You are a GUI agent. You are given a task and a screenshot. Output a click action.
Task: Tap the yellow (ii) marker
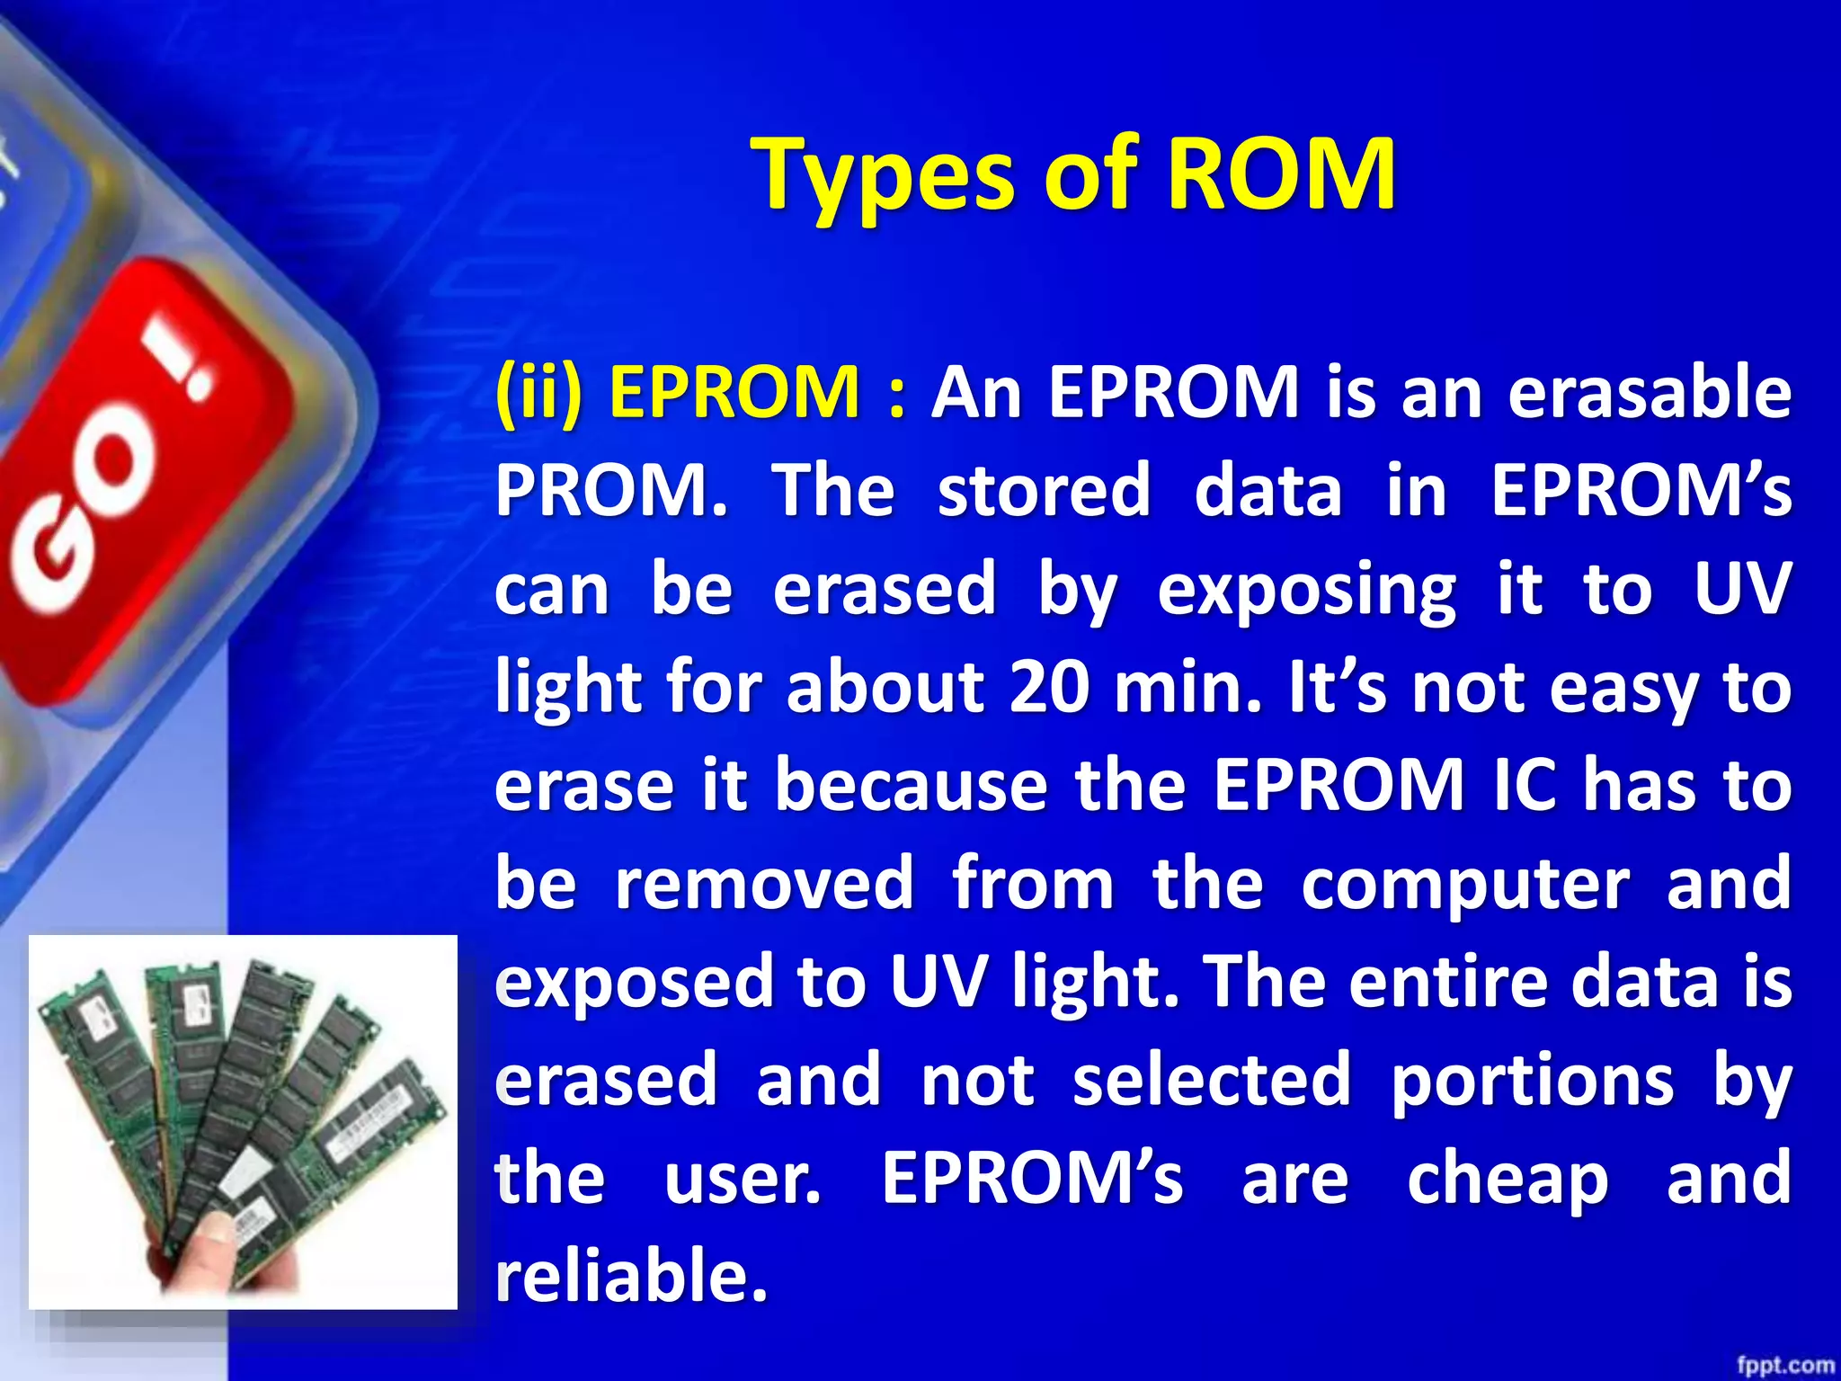coord(538,393)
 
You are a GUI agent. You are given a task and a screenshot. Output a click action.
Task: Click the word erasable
coord(1650,393)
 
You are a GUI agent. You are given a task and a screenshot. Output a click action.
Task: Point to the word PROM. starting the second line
coord(611,491)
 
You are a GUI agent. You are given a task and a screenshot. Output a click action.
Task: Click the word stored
coord(1044,491)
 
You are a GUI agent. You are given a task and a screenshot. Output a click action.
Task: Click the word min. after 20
coord(1187,688)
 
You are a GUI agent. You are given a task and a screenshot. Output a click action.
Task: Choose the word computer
coord(1464,885)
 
